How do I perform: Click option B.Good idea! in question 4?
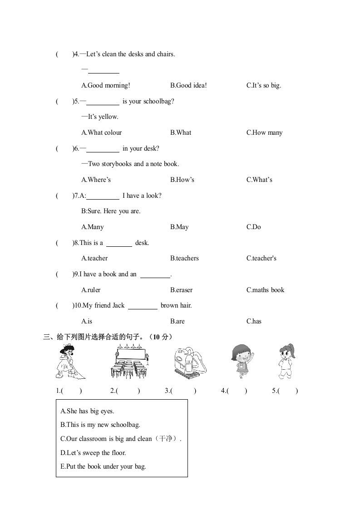click(188, 85)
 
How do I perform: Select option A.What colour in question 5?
click(101, 132)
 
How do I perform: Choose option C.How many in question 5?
click(264, 132)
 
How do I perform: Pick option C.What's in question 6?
click(259, 180)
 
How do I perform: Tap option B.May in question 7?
click(179, 227)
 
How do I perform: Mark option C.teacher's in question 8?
click(261, 258)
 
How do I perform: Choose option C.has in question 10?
click(254, 321)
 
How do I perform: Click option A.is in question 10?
click(87, 321)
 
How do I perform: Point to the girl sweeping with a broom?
click(69, 362)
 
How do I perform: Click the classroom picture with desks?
click(130, 362)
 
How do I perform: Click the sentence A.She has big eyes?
click(87, 411)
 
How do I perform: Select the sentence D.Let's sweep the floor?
click(93, 453)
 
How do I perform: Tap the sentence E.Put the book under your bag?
click(103, 466)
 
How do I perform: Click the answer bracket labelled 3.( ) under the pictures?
click(181, 391)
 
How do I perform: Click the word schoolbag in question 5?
click(157, 101)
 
